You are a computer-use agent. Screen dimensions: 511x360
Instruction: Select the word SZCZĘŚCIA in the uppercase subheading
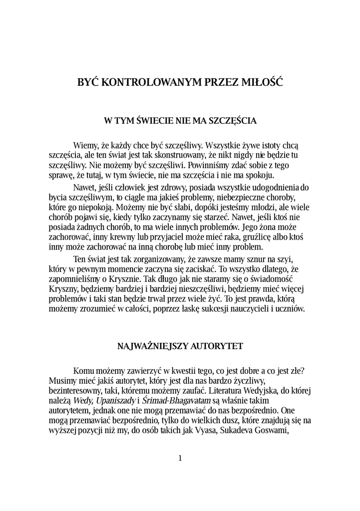coord(232,120)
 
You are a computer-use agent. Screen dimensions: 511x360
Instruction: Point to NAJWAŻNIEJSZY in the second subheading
coord(147,345)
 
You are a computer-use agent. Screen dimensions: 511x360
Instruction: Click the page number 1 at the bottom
coord(180,458)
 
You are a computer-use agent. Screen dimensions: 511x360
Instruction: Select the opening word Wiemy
coord(85,145)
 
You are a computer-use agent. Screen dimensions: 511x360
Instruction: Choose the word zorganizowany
coord(151,260)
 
